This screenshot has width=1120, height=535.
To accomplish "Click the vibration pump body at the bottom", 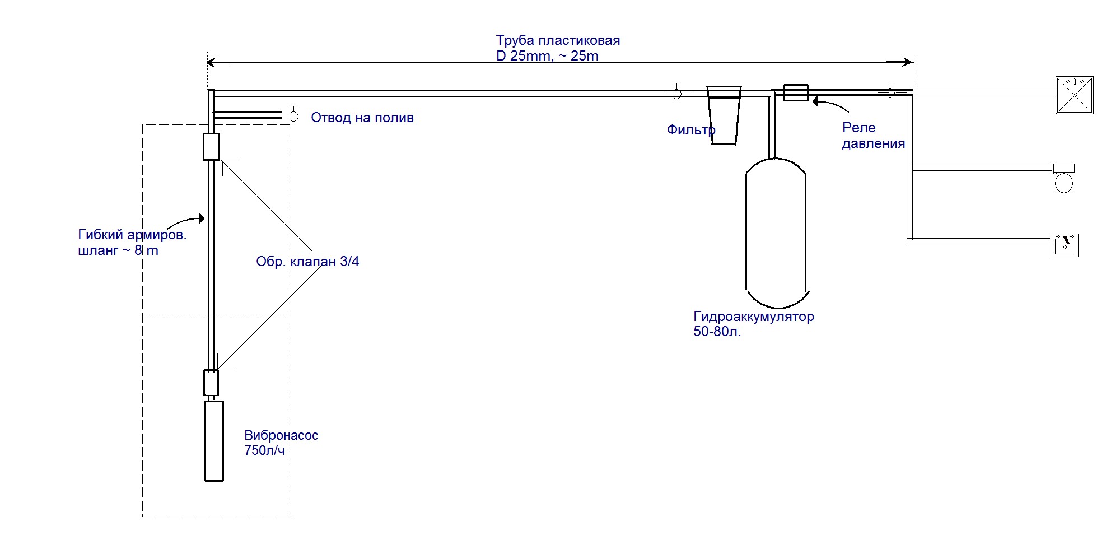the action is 214,441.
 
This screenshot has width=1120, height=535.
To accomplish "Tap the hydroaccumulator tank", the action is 776,233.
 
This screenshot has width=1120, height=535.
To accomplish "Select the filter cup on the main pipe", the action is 724,115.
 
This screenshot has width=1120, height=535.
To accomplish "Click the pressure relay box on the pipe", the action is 795,92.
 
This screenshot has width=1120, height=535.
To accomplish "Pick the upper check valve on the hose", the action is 211,147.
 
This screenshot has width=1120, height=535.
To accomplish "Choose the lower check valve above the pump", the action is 211,383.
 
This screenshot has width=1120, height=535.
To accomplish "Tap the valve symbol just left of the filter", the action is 677,91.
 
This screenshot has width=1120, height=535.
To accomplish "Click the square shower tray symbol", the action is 1075,95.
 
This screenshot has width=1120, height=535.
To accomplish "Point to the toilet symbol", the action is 1063,178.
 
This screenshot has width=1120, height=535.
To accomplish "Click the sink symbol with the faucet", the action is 1065,245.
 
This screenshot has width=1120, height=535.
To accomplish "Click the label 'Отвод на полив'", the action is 362,118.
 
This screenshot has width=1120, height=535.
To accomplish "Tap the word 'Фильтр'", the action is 691,131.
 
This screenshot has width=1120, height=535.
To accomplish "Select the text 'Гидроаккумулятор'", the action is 754,317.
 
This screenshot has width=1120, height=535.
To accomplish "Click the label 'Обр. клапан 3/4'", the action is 307,262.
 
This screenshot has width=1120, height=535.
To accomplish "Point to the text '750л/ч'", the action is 264,450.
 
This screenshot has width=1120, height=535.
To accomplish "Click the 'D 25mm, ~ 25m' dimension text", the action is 547,56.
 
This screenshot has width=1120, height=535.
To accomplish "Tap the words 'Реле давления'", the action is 874,136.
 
